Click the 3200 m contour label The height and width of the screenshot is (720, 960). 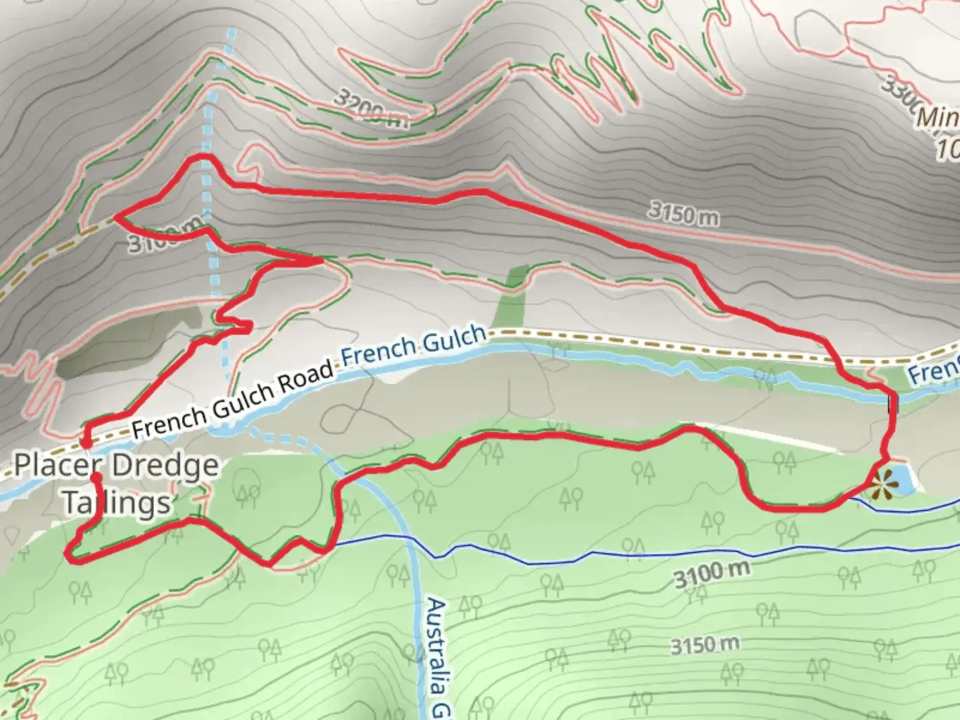[x=370, y=109]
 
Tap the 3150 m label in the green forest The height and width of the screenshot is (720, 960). [x=705, y=645]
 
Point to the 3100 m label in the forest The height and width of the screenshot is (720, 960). [x=711, y=573]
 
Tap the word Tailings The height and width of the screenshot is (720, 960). [x=117, y=503]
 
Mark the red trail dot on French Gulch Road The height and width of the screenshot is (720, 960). [x=85, y=443]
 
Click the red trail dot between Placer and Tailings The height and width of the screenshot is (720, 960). [x=97, y=477]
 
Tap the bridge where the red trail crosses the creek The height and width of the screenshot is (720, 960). [x=892, y=404]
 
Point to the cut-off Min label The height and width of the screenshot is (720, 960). [x=937, y=119]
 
